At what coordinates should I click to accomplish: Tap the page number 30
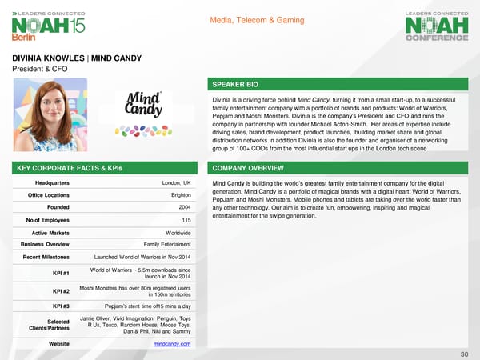coord(465,354)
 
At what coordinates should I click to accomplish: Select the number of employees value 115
coord(186,219)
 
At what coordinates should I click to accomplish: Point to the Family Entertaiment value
coord(166,244)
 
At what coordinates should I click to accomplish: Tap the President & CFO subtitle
coord(36,70)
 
